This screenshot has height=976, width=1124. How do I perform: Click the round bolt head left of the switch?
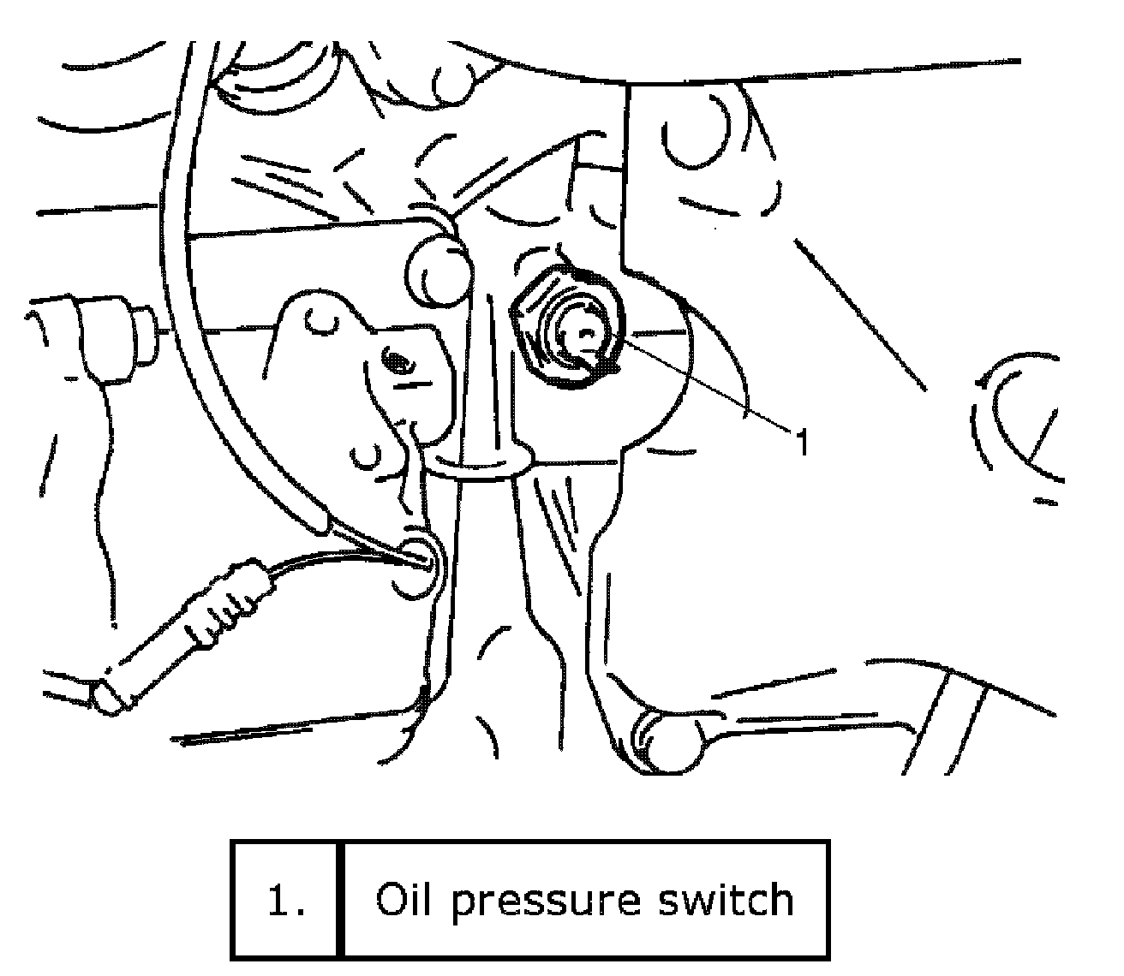(x=436, y=270)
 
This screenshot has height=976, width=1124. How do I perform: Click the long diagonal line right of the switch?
(x=861, y=312)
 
